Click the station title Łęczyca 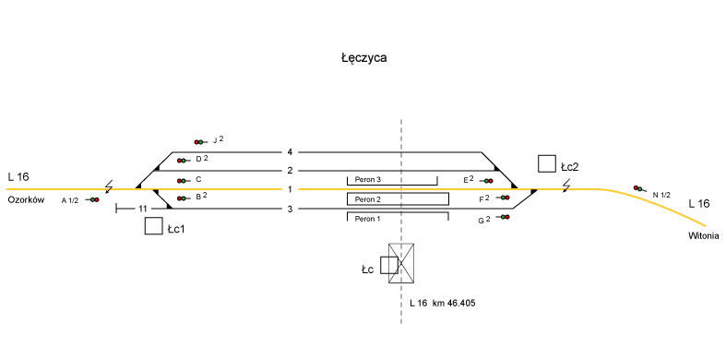364,58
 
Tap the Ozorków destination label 26,200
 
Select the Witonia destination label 704,235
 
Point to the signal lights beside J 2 199,142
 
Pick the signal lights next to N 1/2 639,188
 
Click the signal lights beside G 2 504,217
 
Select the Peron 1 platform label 368,219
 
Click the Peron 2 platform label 368,199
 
